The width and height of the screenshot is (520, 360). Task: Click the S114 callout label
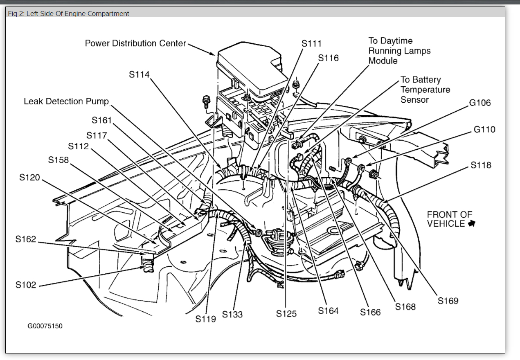(139, 74)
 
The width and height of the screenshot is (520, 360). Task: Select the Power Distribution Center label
(135, 43)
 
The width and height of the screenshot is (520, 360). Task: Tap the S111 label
(311, 43)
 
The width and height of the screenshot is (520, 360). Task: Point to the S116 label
(329, 58)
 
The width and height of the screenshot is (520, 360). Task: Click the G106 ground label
(479, 102)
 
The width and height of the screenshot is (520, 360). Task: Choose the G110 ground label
(484, 129)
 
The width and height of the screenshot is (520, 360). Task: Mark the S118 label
(481, 165)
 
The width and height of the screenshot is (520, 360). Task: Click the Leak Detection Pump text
(66, 101)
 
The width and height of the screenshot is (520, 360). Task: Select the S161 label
(102, 120)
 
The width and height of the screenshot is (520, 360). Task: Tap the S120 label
(29, 178)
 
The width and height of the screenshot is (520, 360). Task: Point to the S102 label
(26, 285)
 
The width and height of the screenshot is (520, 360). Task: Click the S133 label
(232, 314)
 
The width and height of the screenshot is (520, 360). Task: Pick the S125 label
(286, 314)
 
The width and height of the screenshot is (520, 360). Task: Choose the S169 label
(448, 301)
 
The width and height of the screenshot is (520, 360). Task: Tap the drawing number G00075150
(45, 326)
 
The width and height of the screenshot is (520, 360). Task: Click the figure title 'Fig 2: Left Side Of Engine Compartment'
(68, 13)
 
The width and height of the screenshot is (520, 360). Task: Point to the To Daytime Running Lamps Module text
(399, 51)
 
